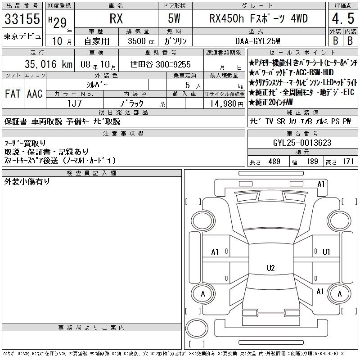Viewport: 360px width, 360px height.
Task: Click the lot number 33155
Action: pos(22,19)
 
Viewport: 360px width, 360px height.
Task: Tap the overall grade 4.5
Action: pos(343,18)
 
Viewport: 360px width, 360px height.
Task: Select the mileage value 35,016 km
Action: pos(49,64)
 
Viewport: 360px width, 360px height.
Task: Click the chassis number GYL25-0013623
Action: pos(302,143)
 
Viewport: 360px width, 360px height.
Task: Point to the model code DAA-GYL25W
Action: pos(257,41)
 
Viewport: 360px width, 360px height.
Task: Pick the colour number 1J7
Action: pos(74,103)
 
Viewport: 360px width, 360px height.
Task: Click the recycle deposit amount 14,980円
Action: pos(226,104)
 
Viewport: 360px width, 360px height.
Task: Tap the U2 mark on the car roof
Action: pos(271,268)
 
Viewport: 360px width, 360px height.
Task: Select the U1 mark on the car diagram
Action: pos(326,252)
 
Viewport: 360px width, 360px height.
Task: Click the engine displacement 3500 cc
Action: pos(141,41)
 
